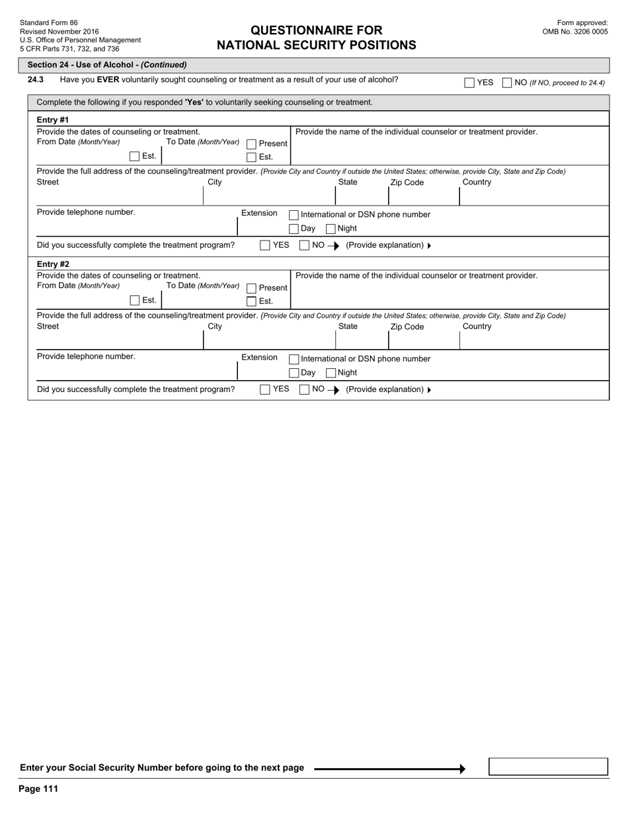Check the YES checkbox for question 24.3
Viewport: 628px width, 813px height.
[x=469, y=83]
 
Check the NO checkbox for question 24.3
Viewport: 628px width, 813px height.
[x=507, y=83]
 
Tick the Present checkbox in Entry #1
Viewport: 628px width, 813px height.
[x=251, y=144]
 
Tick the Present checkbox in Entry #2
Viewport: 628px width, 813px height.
[x=251, y=288]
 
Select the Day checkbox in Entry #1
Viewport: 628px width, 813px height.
[x=294, y=229]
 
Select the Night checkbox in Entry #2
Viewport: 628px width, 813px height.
[x=331, y=373]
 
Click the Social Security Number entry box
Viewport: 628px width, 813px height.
[x=548, y=767]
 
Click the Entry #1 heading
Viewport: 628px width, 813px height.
[x=53, y=120]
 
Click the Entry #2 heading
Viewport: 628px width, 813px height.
[x=53, y=264]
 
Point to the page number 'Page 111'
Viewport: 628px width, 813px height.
[x=38, y=789]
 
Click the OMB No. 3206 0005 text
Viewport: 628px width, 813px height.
[x=575, y=31]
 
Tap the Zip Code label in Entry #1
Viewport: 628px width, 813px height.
[x=407, y=182]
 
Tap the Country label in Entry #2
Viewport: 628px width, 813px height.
[x=477, y=327]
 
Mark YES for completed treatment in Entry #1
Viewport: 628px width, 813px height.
[x=265, y=245]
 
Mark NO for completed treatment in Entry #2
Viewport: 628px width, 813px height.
[x=305, y=389]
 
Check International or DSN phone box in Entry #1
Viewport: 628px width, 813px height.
[x=294, y=215]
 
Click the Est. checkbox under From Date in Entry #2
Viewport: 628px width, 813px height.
[x=135, y=301]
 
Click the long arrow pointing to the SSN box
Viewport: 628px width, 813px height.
[x=389, y=769]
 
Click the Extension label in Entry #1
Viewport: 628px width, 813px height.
[x=259, y=213]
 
